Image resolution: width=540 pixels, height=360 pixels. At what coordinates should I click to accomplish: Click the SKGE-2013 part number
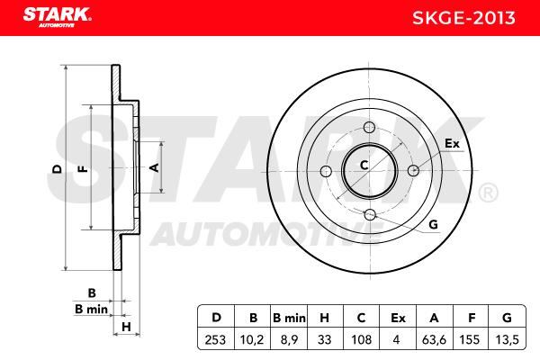coord(463,18)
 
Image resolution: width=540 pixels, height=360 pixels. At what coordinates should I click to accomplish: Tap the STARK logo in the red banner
coord(57,17)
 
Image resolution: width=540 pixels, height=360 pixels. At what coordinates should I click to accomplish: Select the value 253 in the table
coord(215,339)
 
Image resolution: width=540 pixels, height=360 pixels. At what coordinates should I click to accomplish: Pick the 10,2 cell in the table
coord(252,339)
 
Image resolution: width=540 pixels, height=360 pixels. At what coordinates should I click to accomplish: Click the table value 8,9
coord(289,339)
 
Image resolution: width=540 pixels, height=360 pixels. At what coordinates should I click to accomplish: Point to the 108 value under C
coord(361,339)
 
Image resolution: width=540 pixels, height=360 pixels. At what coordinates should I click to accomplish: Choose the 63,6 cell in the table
coord(434,339)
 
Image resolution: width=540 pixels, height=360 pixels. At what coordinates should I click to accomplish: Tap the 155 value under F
coord(470,339)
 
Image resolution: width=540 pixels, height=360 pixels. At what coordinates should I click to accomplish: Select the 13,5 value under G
coord(507,339)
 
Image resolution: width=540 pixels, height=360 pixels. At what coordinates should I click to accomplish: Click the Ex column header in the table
coord(398,318)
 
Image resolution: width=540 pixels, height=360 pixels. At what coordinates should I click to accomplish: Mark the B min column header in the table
coord(289,318)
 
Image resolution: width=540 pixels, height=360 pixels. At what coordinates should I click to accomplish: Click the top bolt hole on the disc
coord(370,127)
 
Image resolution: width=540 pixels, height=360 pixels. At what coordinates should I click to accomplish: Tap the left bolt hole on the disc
coord(326,171)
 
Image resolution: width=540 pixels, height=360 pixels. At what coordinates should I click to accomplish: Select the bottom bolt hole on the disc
coord(370,214)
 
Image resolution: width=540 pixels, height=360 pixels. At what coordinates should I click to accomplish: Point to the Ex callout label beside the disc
coord(452,143)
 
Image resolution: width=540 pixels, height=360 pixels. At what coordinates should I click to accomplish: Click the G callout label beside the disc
coord(433,225)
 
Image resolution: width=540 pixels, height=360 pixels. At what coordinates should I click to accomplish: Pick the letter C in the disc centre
coord(364,166)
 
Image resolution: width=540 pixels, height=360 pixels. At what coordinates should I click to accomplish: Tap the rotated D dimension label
coord(57,169)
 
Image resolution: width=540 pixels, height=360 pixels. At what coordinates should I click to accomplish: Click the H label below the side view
coord(126,327)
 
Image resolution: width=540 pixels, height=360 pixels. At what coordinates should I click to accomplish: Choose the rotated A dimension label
coord(154,167)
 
